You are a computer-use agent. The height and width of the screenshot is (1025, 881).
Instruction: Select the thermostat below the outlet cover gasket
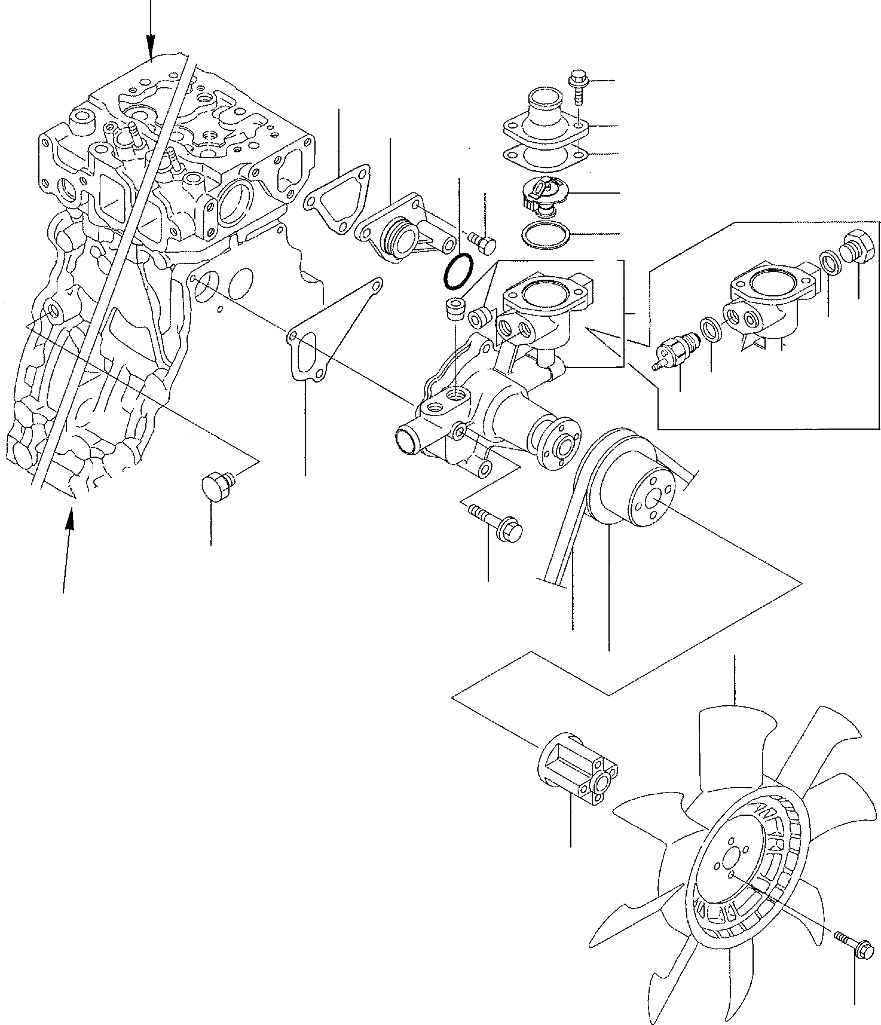pyautogui.click(x=542, y=196)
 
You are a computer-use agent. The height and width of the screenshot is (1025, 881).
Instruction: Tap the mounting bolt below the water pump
pyautogui.click(x=496, y=519)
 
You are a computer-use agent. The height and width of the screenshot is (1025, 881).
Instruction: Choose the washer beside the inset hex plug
pyautogui.click(x=828, y=261)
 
